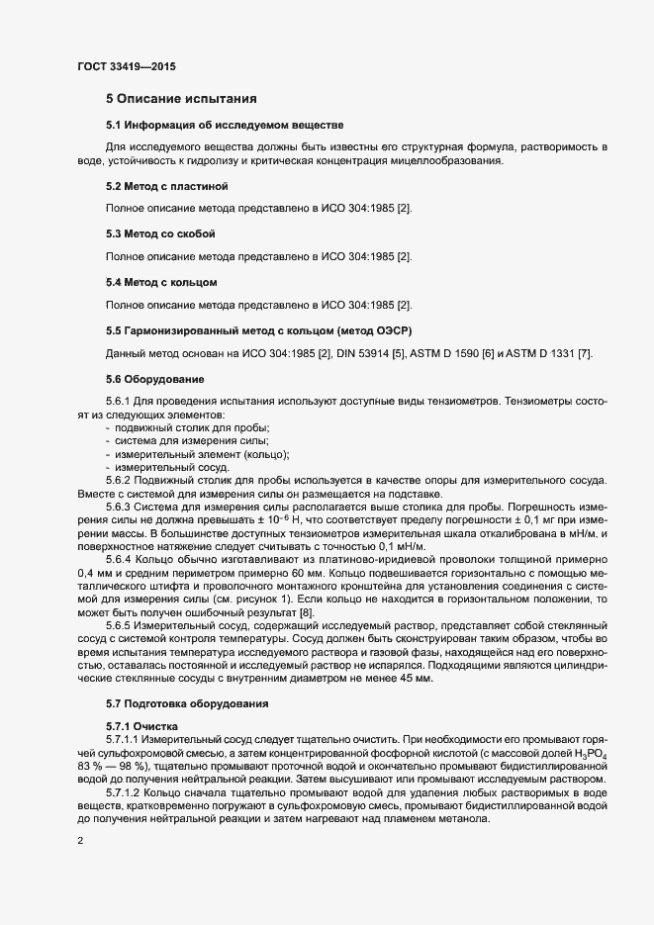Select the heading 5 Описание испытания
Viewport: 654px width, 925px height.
pyautogui.click(x=182, y=99)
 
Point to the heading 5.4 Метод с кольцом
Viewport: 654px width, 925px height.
pyautogui.click(x=161, y=282)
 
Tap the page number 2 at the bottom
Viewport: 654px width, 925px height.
pyautogui.click(x=79, y=841)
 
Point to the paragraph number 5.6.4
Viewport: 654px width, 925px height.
pyautogui.click(x=124, y=559)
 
